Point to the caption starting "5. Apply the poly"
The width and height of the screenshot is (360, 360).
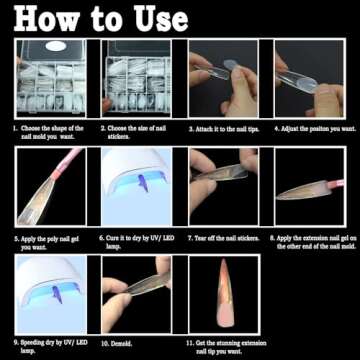point(50,241)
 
